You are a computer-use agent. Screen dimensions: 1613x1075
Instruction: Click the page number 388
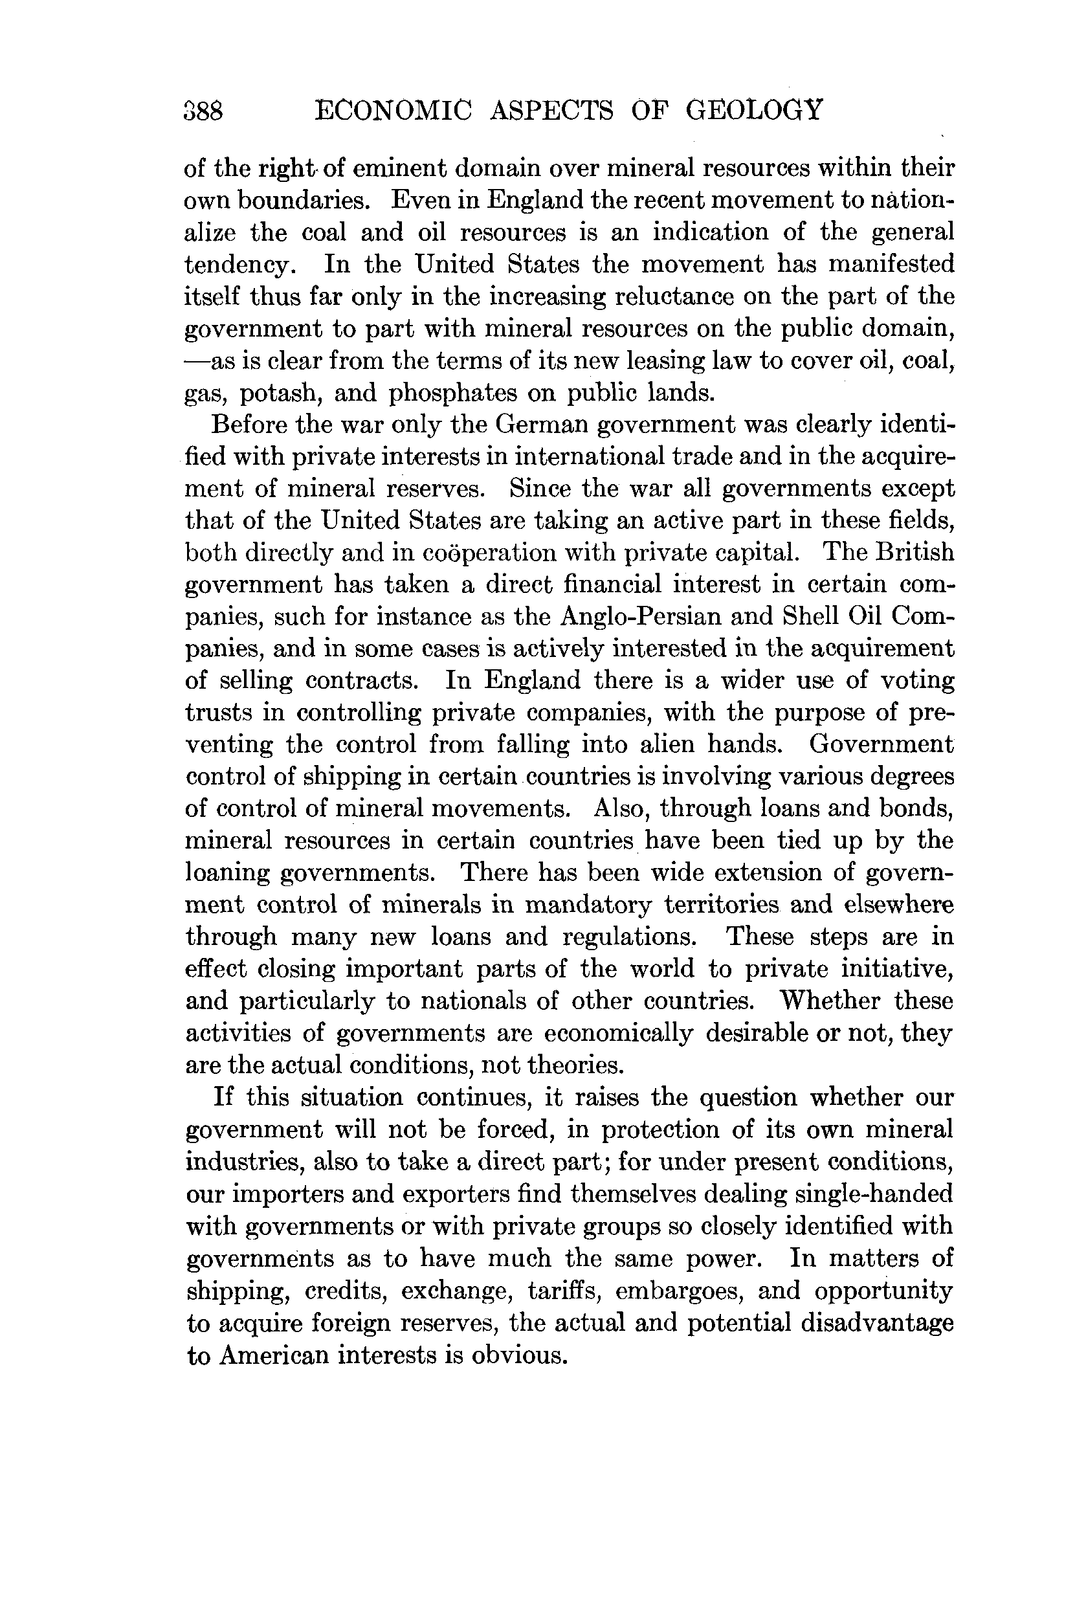pos(204,111)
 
